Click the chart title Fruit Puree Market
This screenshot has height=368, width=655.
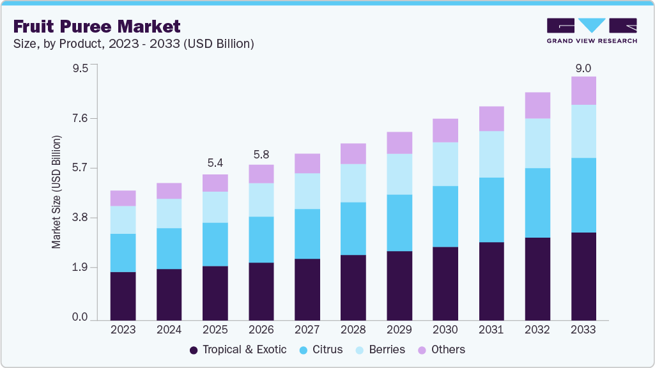click(x=96, y=26)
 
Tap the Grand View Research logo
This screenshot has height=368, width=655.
click(x=592, y=30)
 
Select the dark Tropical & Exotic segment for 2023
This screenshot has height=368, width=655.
click(x=123, y=296)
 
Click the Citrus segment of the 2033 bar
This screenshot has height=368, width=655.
click(x=583, y=195)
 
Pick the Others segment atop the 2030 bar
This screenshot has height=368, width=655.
click(x=445, y=130)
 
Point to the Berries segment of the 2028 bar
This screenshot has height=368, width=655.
click(x=353, y=183)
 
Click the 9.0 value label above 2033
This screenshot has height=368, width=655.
click(x=583, y=68)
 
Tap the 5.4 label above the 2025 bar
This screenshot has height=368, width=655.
click(x=215, y=164)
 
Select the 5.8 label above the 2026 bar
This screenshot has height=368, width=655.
click(x=261, y=154)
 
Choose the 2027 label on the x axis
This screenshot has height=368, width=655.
click(x=307, y=330)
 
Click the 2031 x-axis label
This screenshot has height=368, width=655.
click(x=491, y=330)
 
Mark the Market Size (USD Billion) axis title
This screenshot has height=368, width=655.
click(x=56, y=192)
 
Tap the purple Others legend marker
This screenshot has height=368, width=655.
click(x=421, y=350)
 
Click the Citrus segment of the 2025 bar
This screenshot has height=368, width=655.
click(x=215, y=244)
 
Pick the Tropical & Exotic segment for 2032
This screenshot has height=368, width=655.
click(x=537, y=279)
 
